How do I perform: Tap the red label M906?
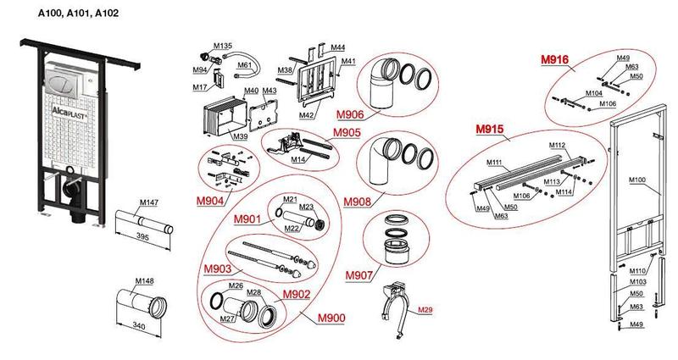[350, 114]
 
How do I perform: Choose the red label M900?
[331, 318]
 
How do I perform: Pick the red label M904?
[210, 201]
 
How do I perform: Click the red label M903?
[217, 269]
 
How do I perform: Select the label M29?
[425, 311]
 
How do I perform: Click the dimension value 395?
[142, 240]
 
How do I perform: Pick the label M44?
[337, 47]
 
